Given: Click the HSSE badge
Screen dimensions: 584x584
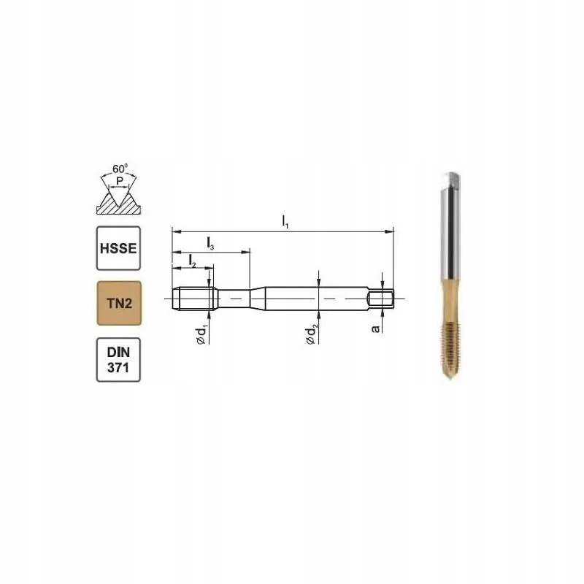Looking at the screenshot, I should pyautogui.click(x=117, y=247).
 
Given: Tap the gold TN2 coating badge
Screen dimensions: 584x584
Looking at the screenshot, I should pyautogui.click(x=117, y=303).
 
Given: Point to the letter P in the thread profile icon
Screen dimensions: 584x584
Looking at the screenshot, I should pyautogui.click(x=118, y=183).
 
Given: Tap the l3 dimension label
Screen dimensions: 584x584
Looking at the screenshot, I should pyautogui.click(x=210, y=243).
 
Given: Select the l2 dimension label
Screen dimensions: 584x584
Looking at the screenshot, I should pyautogui.click(x=192, y=261).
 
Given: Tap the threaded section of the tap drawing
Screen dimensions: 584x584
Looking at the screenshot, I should pyautogui.click(x=194, y=298).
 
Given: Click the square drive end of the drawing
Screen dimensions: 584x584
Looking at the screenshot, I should pyautogui.click(x=383, y=298).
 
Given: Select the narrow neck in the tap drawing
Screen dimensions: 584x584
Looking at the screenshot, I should pyautogui.click(x=233, y=298).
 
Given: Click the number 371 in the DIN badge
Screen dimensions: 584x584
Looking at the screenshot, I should pyautogui.click(x=117, y=368).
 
